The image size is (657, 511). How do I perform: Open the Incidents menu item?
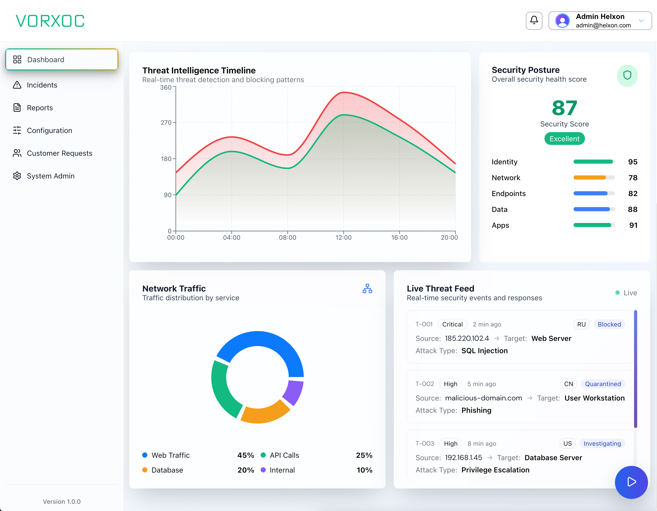42,85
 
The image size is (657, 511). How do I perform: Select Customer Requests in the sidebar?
59,153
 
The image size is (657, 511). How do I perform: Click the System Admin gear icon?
17,176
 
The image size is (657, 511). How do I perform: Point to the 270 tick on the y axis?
166,123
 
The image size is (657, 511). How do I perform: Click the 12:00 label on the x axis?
343,238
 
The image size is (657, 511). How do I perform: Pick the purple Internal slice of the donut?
293,392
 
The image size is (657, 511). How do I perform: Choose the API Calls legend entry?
284,455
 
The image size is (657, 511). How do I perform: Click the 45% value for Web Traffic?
245,455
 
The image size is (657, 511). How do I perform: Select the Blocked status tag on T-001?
609,324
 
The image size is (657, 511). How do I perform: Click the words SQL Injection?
484,351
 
